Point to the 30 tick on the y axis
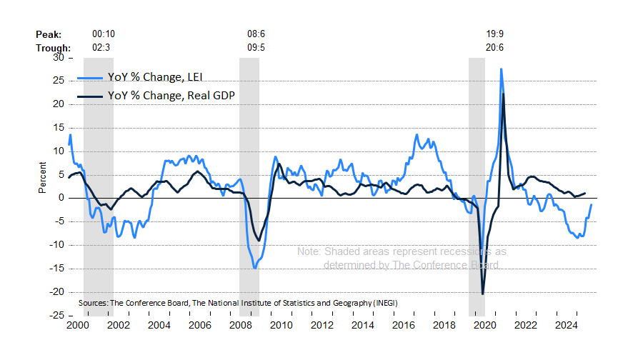pos(59,58)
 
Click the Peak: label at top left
pos(48,34)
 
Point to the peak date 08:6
pos(256,34)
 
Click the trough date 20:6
pos(495,48)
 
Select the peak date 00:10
pos(104,34)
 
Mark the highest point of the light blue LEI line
pos(502,69)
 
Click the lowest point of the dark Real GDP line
pos(483,294)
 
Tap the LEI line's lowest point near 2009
pos(254,268)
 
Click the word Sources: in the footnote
pos(93,304)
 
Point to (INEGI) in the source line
pos(384,304)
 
